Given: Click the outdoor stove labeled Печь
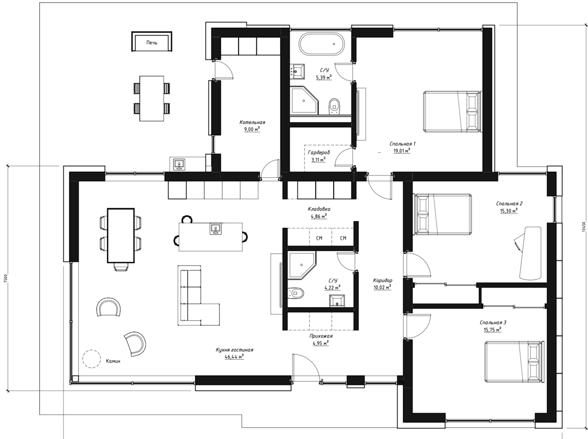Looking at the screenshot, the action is pyautogui.click(x=151, y=42).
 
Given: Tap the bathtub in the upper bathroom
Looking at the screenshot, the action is pyautogui.click(x=321, y=44).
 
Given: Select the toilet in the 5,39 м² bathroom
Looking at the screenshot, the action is pyautogui.click(x=334, y=106).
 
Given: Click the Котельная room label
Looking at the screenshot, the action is pyautogui.click(x=252, y=122).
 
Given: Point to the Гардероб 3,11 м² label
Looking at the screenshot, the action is pyautogui.click(x=318, y=156).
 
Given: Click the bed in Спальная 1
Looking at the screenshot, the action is pyautogui.click(x=451, y=111).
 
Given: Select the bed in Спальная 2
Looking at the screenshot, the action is pyautogui.click(x=443, y=214).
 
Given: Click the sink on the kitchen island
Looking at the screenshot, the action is pyautogui.click(x=216, y=229).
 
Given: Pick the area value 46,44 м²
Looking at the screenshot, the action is pyautogui.click(x=234, y=357).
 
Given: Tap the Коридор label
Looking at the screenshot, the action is pyautogui.click(x=383, y=280).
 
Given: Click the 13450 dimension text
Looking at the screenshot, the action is pyautogui.click(x=584, y=227).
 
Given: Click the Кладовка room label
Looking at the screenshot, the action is pyautogui.click(x=319, y=209).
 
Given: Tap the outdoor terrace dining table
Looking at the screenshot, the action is pyautogui.click(x=151, y=98).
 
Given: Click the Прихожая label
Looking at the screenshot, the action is pyautogui.click(x=320, y=336).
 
